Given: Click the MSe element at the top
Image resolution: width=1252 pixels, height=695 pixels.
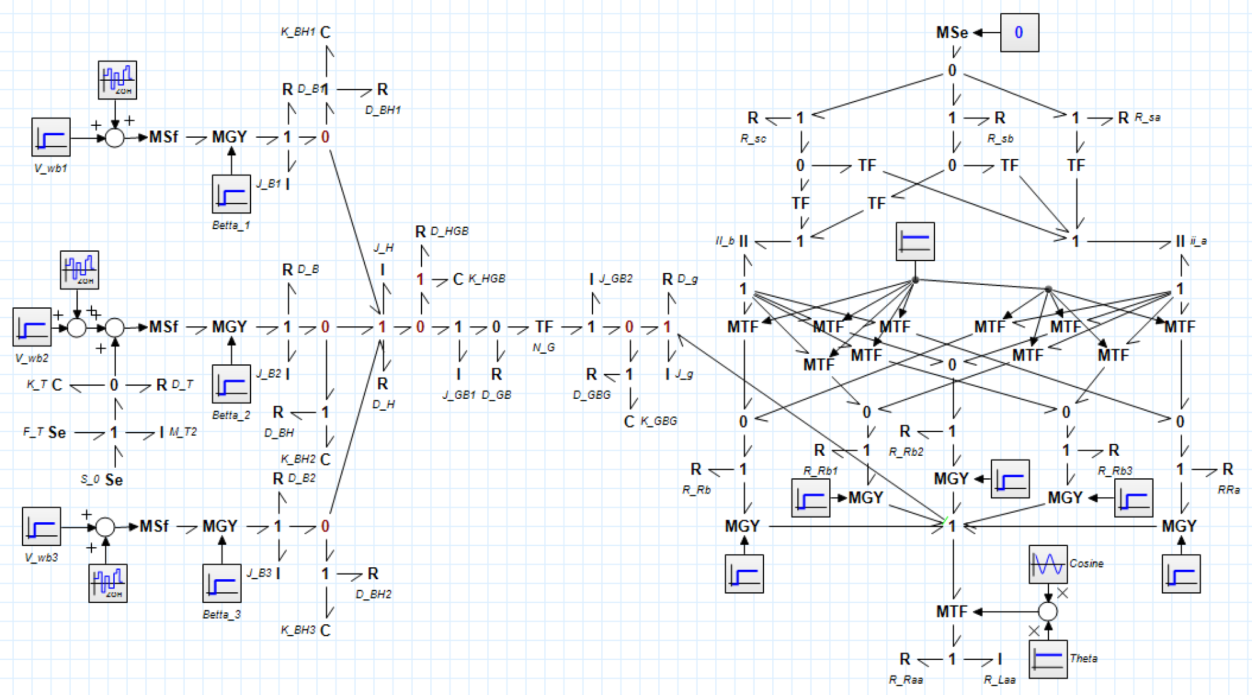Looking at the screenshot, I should coord(951,33).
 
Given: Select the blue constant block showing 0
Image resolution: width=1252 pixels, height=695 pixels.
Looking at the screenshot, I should coord(1019,33).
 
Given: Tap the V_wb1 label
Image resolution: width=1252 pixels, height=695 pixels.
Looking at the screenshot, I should coord(51,168).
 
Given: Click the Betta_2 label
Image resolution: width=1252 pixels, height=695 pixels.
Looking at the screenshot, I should coord(231,415).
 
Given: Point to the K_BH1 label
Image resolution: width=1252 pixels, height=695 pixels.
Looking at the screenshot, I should coord(297,32).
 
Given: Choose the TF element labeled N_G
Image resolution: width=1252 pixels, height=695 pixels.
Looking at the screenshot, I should coord(544,327).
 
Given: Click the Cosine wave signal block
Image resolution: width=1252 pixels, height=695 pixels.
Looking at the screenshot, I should coord(1048,564).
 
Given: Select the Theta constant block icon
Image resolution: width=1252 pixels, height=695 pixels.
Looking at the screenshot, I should coord(1048,659).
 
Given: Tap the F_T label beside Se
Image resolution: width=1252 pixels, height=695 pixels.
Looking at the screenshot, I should coord(33,432).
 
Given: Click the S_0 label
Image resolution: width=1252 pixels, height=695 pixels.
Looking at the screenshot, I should coord(90,480).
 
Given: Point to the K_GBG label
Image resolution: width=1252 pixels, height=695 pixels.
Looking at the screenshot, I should coord(658,421).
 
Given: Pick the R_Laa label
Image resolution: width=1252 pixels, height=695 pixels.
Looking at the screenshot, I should coord(999,680).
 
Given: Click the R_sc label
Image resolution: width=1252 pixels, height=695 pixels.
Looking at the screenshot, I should coord(753,139).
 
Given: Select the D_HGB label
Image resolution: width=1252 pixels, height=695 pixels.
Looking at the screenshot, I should coord(449,232).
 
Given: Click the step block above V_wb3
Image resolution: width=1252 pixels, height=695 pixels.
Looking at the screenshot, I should coord(41,527).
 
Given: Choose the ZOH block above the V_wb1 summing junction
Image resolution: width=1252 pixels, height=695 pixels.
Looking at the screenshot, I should coord(117,80).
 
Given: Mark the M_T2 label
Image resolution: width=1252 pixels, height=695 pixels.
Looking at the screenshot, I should coord(183,432).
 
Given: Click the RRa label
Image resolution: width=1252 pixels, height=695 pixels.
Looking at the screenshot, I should coord(1228,490).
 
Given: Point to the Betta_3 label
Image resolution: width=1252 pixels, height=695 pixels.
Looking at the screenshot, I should coord(222,615).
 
